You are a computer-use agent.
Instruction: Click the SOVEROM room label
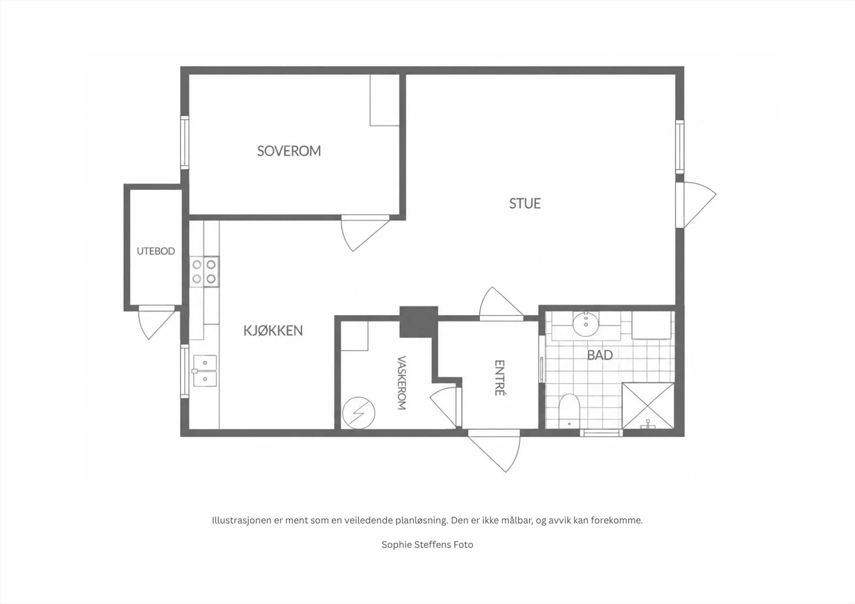tap(289, 151)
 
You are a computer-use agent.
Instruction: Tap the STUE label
tap(525, 203)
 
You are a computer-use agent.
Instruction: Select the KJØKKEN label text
tap(273, 331)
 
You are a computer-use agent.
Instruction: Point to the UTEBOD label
tap(156, 251)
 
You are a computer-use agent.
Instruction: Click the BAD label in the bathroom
tap(600, 355)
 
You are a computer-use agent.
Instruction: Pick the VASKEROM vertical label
tap(401, 383)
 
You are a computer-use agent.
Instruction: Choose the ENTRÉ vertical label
tap(499, 378)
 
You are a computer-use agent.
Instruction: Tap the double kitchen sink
tap(205, 371)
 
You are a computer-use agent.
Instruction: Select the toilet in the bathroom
tap(569, 411)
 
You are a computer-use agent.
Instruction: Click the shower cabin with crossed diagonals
tap(648, 405)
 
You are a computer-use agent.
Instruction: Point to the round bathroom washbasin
tap(586, 324)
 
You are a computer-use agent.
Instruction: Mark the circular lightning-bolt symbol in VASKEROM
tap(359, 413)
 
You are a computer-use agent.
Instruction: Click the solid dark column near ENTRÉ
tap(419, 321)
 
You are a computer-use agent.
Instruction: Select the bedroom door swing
tap(364, 233)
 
